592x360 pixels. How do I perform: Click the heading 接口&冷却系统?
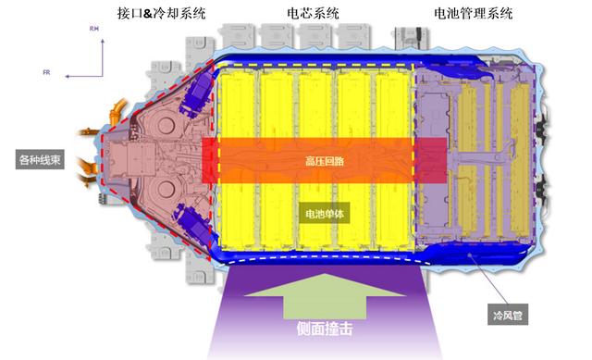tap(162, 14)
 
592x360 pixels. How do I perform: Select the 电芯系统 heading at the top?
tap(312, 14)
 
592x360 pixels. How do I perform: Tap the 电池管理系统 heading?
tap(473, 14)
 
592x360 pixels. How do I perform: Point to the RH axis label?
tap(93, 30)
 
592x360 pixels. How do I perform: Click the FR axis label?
tap(47, 70)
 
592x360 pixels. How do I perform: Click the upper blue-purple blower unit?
tap(198, 92)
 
